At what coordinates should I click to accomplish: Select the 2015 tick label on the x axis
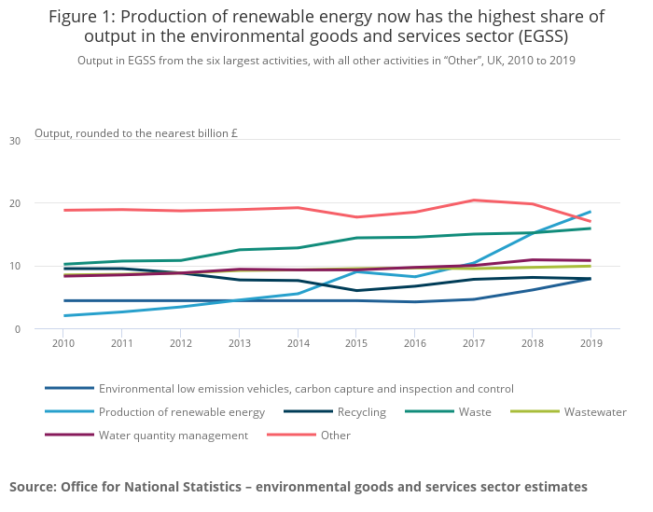click(356, 344)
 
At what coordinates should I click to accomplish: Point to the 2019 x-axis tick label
click(590, 344)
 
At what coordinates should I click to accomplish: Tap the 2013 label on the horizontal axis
click(240, 344)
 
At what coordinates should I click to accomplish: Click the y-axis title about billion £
click(136, 133)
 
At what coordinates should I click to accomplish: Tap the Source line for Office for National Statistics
click(299, 487)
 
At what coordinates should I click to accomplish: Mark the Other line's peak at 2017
click(473, 201)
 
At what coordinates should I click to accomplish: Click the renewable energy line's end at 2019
click(590, 212)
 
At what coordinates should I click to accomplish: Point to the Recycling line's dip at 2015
click(356, 291)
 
